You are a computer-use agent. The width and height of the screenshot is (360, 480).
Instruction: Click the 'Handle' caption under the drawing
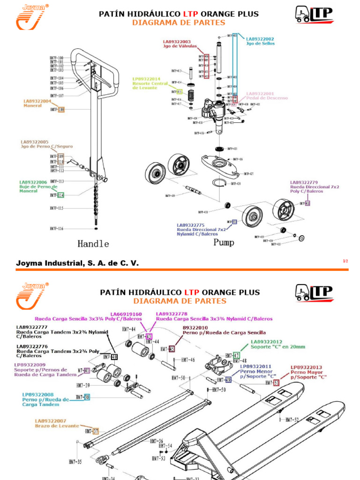pos(93,244)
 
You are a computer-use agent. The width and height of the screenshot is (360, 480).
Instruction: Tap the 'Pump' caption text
pos(224,242)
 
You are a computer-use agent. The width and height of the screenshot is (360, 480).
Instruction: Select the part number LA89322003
pos(177,42)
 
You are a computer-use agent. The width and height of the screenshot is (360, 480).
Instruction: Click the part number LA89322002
pos(260,39)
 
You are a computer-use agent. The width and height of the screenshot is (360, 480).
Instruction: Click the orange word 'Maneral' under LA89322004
pos(33,105)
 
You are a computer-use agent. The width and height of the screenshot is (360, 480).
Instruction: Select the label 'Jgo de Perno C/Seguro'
pos(46,146)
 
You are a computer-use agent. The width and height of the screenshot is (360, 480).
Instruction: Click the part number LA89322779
pos(304,182)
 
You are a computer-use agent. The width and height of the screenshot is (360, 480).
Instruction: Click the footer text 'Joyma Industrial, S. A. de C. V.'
pos(77,263)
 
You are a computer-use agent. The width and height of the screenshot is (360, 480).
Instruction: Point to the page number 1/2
pos(345,261)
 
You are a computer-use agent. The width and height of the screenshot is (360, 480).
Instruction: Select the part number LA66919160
pos(126,314)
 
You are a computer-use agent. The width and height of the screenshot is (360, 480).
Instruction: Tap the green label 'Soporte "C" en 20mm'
pos(278,347)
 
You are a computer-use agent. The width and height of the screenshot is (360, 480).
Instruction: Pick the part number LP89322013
pos(307,367)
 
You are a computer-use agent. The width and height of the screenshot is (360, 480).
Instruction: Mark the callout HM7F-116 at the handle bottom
pos(57,228)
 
